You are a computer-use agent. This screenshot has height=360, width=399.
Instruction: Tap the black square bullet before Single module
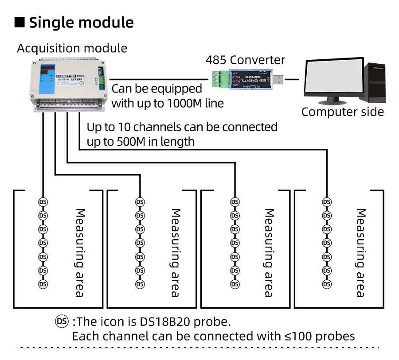20,22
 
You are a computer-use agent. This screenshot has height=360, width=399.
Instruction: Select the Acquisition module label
72,48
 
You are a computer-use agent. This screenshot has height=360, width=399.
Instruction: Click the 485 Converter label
245,60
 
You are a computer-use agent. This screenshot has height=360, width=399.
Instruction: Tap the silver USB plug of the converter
278,80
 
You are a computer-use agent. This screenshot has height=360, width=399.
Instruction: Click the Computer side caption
342,112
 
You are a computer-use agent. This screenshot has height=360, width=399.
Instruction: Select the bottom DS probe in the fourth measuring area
327,284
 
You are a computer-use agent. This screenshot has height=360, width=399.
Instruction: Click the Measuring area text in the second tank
175,252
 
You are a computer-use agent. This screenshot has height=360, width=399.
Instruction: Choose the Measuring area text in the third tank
268,252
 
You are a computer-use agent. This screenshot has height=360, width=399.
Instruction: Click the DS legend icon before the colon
62,320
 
